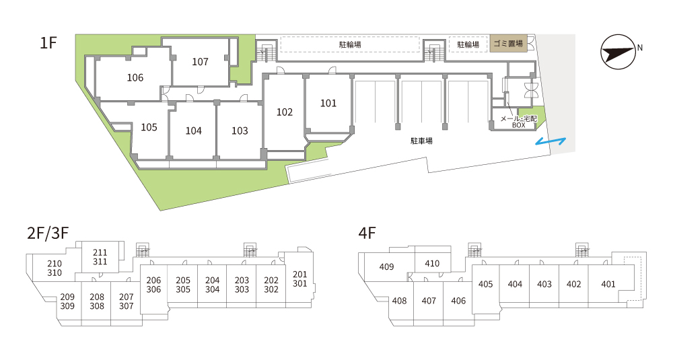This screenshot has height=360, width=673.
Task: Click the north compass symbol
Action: pos(618,52)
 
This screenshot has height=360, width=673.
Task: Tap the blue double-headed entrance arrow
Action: pos(551,141)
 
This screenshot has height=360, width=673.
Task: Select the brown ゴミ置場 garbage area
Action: pos(508,44)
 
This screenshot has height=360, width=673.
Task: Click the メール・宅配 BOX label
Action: pos(518,121)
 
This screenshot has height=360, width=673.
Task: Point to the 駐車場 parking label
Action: pos(421,141)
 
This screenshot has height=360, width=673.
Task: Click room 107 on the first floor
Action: pos(200,62)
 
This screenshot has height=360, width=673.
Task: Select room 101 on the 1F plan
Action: pos(328,103)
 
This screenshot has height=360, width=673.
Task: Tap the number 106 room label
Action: pos(135,77)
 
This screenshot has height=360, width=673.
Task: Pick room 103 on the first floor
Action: pos(240,131)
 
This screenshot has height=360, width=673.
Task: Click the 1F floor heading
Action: pos(48,43)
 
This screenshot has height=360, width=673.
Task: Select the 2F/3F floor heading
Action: pos(48,233)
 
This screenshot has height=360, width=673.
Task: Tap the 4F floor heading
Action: pos(367,233)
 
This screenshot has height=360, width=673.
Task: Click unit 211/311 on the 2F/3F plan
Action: pos(100,257)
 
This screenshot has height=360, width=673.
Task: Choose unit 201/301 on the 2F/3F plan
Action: pos(300,279)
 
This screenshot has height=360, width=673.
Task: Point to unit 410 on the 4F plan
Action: pos(432,264)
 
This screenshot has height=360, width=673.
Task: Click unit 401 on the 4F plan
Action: pos(608,284)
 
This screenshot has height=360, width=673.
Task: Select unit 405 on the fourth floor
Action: pos(485,284)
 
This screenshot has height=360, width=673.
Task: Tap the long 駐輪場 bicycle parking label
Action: pos(350,44)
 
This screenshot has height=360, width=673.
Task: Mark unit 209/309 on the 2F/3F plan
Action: pos(67,301)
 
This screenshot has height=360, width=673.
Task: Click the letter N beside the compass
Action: pos(639,48)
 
